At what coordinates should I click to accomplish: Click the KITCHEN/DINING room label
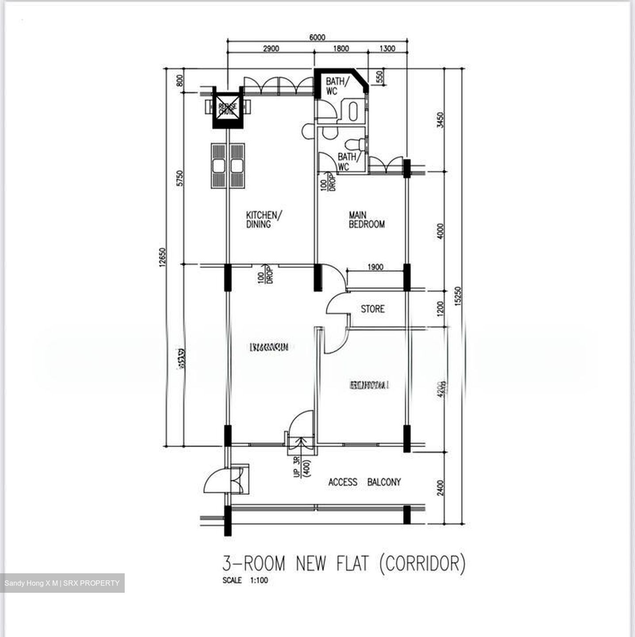[264, 220]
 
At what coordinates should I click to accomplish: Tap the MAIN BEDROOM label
[366, 220]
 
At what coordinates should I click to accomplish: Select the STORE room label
[372, 309]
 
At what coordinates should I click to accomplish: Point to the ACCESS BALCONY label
[364, 482]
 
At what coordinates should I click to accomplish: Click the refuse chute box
[228, 108]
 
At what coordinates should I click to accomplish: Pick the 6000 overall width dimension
[317, 38]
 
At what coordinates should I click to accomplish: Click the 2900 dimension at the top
[271, 49]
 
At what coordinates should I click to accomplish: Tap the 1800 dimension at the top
[340, 49]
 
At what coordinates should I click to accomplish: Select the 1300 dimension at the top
[387, 49]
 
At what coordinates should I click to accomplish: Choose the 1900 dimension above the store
[375, 267]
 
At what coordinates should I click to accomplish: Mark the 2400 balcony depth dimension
[440, 488]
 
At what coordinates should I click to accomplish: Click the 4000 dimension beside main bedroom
[440, 231]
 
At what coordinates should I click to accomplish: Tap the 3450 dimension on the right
[440, 120]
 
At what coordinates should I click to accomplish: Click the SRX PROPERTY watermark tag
[62, 583]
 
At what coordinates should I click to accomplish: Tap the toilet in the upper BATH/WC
[352, 111]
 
